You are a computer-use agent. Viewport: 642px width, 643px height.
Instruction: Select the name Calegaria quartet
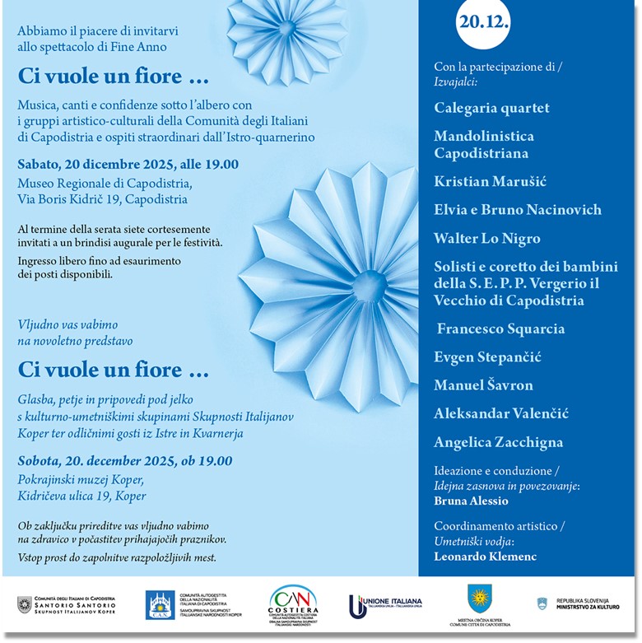click(491, 108)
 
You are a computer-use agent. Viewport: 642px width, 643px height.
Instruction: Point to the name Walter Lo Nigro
click(487, 239)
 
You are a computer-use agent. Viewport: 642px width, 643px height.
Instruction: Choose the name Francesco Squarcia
click(500, 328)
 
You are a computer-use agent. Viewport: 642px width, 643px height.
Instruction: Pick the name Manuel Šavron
click(483, 384)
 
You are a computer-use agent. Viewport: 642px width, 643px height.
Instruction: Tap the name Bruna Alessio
click(471, 500)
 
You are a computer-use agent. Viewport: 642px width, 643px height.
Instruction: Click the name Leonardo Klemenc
click(485, 557)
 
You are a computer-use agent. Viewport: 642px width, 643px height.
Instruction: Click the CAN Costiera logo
click(292, 604)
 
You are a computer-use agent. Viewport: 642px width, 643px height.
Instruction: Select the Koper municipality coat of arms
click(479, 599)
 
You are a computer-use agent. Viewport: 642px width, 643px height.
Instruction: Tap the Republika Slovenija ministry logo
click(577, 604)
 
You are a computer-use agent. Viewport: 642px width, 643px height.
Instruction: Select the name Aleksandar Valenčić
click(501, 413)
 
